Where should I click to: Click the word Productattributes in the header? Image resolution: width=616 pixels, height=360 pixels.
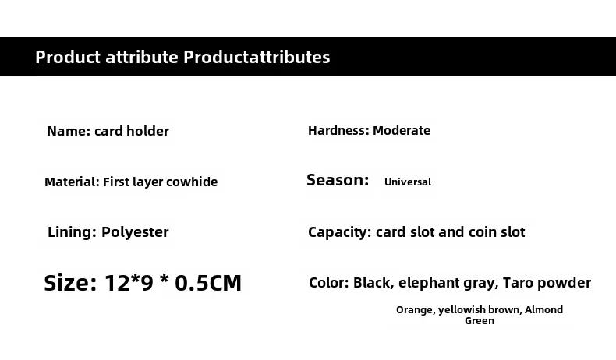click(257, 58)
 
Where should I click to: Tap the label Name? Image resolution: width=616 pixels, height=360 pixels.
click(69, 131)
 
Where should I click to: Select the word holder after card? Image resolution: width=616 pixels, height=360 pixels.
click(147, 131)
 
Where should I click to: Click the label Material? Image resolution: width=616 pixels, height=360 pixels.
click(72, 182)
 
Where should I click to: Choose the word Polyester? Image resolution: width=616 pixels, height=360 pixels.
click(135, 232)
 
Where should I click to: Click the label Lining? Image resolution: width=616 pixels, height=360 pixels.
click(72, 232)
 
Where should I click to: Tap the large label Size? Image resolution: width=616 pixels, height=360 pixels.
click(70, 283)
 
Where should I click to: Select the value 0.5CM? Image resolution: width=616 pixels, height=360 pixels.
click(208, 283)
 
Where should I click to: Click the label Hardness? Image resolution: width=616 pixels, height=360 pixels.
click(338, 130)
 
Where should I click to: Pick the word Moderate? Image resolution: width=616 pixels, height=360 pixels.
click(402, 130)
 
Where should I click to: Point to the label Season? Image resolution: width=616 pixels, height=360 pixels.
click(338, 180)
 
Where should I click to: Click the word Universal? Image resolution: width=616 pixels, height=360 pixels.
click(408, 182)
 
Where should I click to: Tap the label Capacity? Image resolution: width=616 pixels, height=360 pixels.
click(339, 232)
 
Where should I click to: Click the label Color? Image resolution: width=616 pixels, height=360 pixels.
click(329, 283)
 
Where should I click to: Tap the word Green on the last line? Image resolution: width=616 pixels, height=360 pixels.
click(480, 321)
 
